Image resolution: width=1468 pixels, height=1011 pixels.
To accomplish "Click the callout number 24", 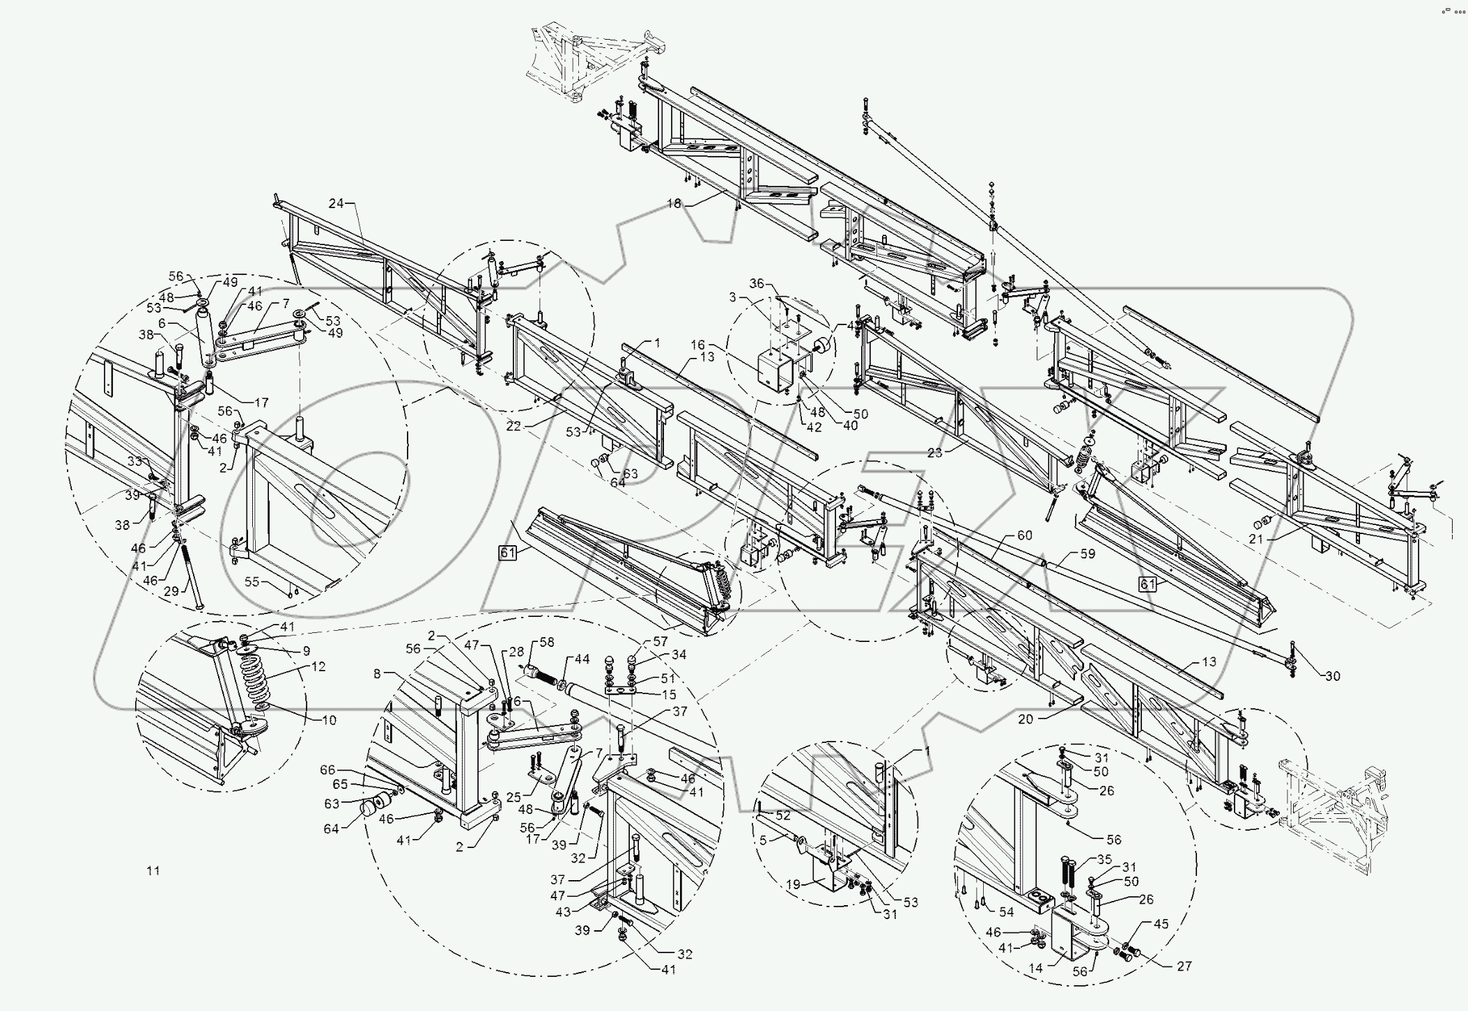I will click(x=336, y=203).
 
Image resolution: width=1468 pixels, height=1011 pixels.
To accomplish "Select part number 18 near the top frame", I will click(x=673, y=203).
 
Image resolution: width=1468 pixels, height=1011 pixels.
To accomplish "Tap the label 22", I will click(x=513, y=427).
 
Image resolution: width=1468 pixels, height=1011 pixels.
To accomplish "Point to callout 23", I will click(x=934, y=453).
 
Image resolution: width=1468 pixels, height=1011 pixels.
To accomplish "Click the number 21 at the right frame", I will click(x=1255, y=539).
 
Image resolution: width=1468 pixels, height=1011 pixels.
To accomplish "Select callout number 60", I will click(x=1024, y=535).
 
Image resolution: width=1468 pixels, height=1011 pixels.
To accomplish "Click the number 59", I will click(x=1087, y=554).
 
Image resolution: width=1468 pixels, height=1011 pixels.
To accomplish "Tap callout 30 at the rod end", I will click(x=1331, y=676).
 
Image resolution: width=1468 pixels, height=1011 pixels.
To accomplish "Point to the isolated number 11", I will click(x=153, y=870).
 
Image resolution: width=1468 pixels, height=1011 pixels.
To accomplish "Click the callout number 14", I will click(x=1036, y=969).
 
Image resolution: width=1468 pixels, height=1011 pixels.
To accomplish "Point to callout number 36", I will click(x=757, y=284).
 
